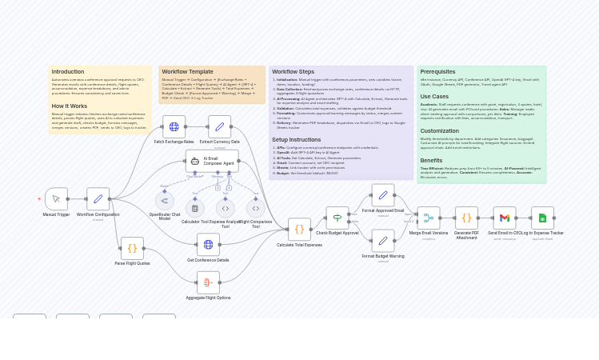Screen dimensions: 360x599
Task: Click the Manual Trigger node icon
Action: point(56,199)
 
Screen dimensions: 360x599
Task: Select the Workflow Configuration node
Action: point(98,199)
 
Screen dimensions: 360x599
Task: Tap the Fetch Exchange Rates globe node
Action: point(174,126)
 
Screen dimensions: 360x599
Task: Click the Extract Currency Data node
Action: point(219,126)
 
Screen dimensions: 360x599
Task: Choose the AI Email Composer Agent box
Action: point(212,161)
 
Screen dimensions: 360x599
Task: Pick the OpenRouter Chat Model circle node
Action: point(165,201)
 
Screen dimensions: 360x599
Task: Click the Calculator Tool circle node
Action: point(194,208)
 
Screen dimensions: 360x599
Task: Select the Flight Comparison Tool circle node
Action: point(255,208)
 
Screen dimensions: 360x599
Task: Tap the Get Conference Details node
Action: point(208,245)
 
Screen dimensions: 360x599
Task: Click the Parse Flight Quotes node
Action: point(132,248)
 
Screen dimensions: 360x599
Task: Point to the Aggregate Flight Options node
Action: point(208,282)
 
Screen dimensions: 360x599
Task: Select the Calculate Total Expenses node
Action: point(299,230)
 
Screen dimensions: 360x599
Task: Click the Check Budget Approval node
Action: point(337,218)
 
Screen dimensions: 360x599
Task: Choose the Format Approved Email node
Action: point(383,195)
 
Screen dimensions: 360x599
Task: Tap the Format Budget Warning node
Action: point(383,241)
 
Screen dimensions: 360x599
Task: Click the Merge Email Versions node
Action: point(429,218)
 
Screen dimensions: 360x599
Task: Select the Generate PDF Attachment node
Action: point(466,218)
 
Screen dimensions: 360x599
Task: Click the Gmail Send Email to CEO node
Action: point(505,218)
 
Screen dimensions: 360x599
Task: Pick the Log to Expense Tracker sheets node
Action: point(542,218)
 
